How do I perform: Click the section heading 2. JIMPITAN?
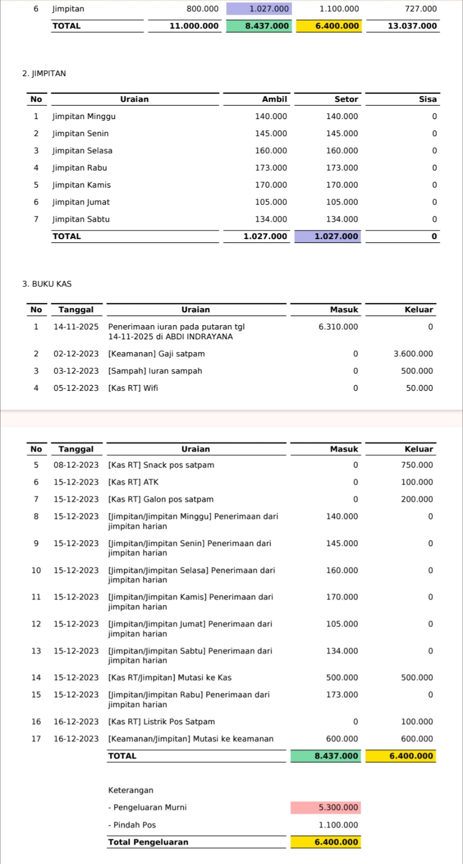click(x=44, y=74)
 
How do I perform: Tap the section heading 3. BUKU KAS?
click(x=47, y=284)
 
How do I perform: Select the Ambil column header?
click(x=274, y=99)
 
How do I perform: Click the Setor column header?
click(x=346, y=99)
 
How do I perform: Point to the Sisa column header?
click(x=427, y=99)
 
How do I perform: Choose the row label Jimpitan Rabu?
click(x=80, y=168)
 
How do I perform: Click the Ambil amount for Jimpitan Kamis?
click(x=271, y=185)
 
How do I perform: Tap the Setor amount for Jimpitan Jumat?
click(x=342, y=202)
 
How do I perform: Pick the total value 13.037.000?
click(x=412, y=26)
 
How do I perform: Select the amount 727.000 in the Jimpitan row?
click(x=420, y=9)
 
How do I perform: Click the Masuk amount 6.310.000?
click(x=338, y=327)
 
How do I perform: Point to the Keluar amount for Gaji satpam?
click(x=413, y=354)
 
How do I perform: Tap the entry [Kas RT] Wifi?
click(x=133, y=388)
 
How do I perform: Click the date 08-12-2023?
click(x=76, y=465)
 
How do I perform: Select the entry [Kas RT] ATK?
click(x=134, y=482)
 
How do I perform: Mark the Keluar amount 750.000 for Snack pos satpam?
click(x=417, y=465)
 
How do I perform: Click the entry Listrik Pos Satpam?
click(x=162, y=722)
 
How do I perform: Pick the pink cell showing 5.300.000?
click(x=338, y=807)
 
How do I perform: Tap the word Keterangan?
click(x=130, y=790)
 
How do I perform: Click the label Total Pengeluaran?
click(x=148, y=842)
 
